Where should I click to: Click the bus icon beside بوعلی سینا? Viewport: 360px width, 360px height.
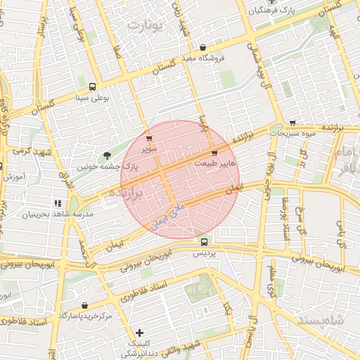93,87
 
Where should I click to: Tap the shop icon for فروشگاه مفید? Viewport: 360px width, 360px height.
202,47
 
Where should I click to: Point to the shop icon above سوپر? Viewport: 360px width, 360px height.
148,139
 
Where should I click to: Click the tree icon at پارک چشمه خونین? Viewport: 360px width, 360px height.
107,155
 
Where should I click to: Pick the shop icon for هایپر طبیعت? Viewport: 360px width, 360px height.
214,153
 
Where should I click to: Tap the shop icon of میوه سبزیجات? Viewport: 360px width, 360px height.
292,122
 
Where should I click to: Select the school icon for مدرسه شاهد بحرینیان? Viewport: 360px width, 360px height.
57,203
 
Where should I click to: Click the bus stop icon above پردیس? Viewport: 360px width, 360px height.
204,242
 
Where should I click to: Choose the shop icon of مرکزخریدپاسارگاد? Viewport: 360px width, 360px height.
85,306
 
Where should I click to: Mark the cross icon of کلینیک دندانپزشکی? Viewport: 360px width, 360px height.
139,333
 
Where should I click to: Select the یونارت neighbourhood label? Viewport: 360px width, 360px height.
146,26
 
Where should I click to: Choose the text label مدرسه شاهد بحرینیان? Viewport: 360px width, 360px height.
52,213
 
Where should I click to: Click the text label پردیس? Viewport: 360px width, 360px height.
202,252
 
